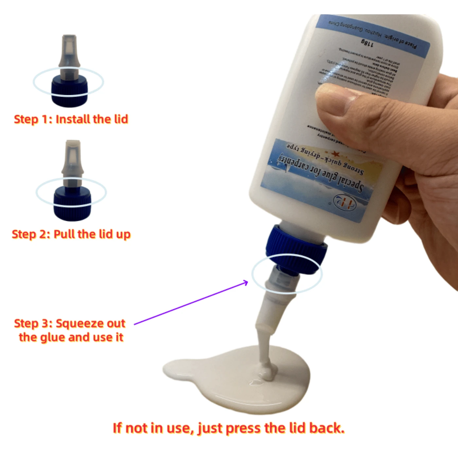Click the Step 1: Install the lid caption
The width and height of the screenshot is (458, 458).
click(71, 119)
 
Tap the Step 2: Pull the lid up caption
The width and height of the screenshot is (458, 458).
click(71, 234)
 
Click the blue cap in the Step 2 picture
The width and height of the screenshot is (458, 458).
click(72, 203)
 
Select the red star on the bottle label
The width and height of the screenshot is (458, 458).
click(335, 153)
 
